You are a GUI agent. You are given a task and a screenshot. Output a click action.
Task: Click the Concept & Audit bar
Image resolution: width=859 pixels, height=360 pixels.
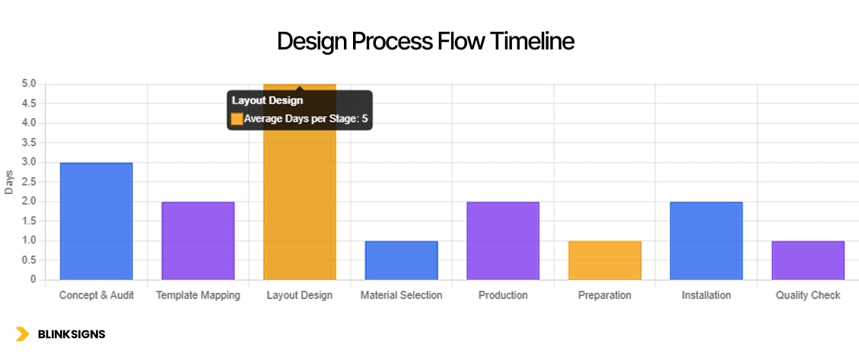coord(96,221)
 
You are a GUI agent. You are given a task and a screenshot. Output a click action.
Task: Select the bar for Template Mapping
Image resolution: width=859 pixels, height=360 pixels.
coord(198,241)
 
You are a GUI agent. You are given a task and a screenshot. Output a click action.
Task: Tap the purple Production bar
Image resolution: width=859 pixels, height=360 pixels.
coord(503,241)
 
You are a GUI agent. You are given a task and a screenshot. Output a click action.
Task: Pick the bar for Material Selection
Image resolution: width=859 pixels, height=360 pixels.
coord(401,260)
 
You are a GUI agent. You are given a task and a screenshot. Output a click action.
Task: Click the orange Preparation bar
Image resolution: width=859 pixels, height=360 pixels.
coord(604,260)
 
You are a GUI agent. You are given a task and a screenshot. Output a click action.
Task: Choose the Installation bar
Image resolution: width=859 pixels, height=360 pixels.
coord(706,241)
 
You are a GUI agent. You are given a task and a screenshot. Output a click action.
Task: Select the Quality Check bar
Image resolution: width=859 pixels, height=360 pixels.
coord(808,260)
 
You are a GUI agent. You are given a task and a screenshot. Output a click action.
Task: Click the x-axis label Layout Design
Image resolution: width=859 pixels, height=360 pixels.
coord(299,295)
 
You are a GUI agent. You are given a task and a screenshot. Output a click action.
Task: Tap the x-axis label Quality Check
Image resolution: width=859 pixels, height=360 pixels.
coord(808,295)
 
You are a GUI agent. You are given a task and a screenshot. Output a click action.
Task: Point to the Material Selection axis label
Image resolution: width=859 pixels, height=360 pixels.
coord(401,295)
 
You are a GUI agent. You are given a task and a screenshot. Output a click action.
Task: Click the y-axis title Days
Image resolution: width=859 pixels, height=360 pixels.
coord(9,182)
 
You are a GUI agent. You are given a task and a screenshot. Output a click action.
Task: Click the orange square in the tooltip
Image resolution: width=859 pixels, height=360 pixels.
coord(237,119)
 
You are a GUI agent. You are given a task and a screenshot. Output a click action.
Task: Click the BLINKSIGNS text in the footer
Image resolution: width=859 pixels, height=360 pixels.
coord(72,334)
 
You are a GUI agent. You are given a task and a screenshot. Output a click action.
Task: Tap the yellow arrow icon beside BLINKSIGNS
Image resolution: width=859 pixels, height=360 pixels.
coord(23,334)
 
